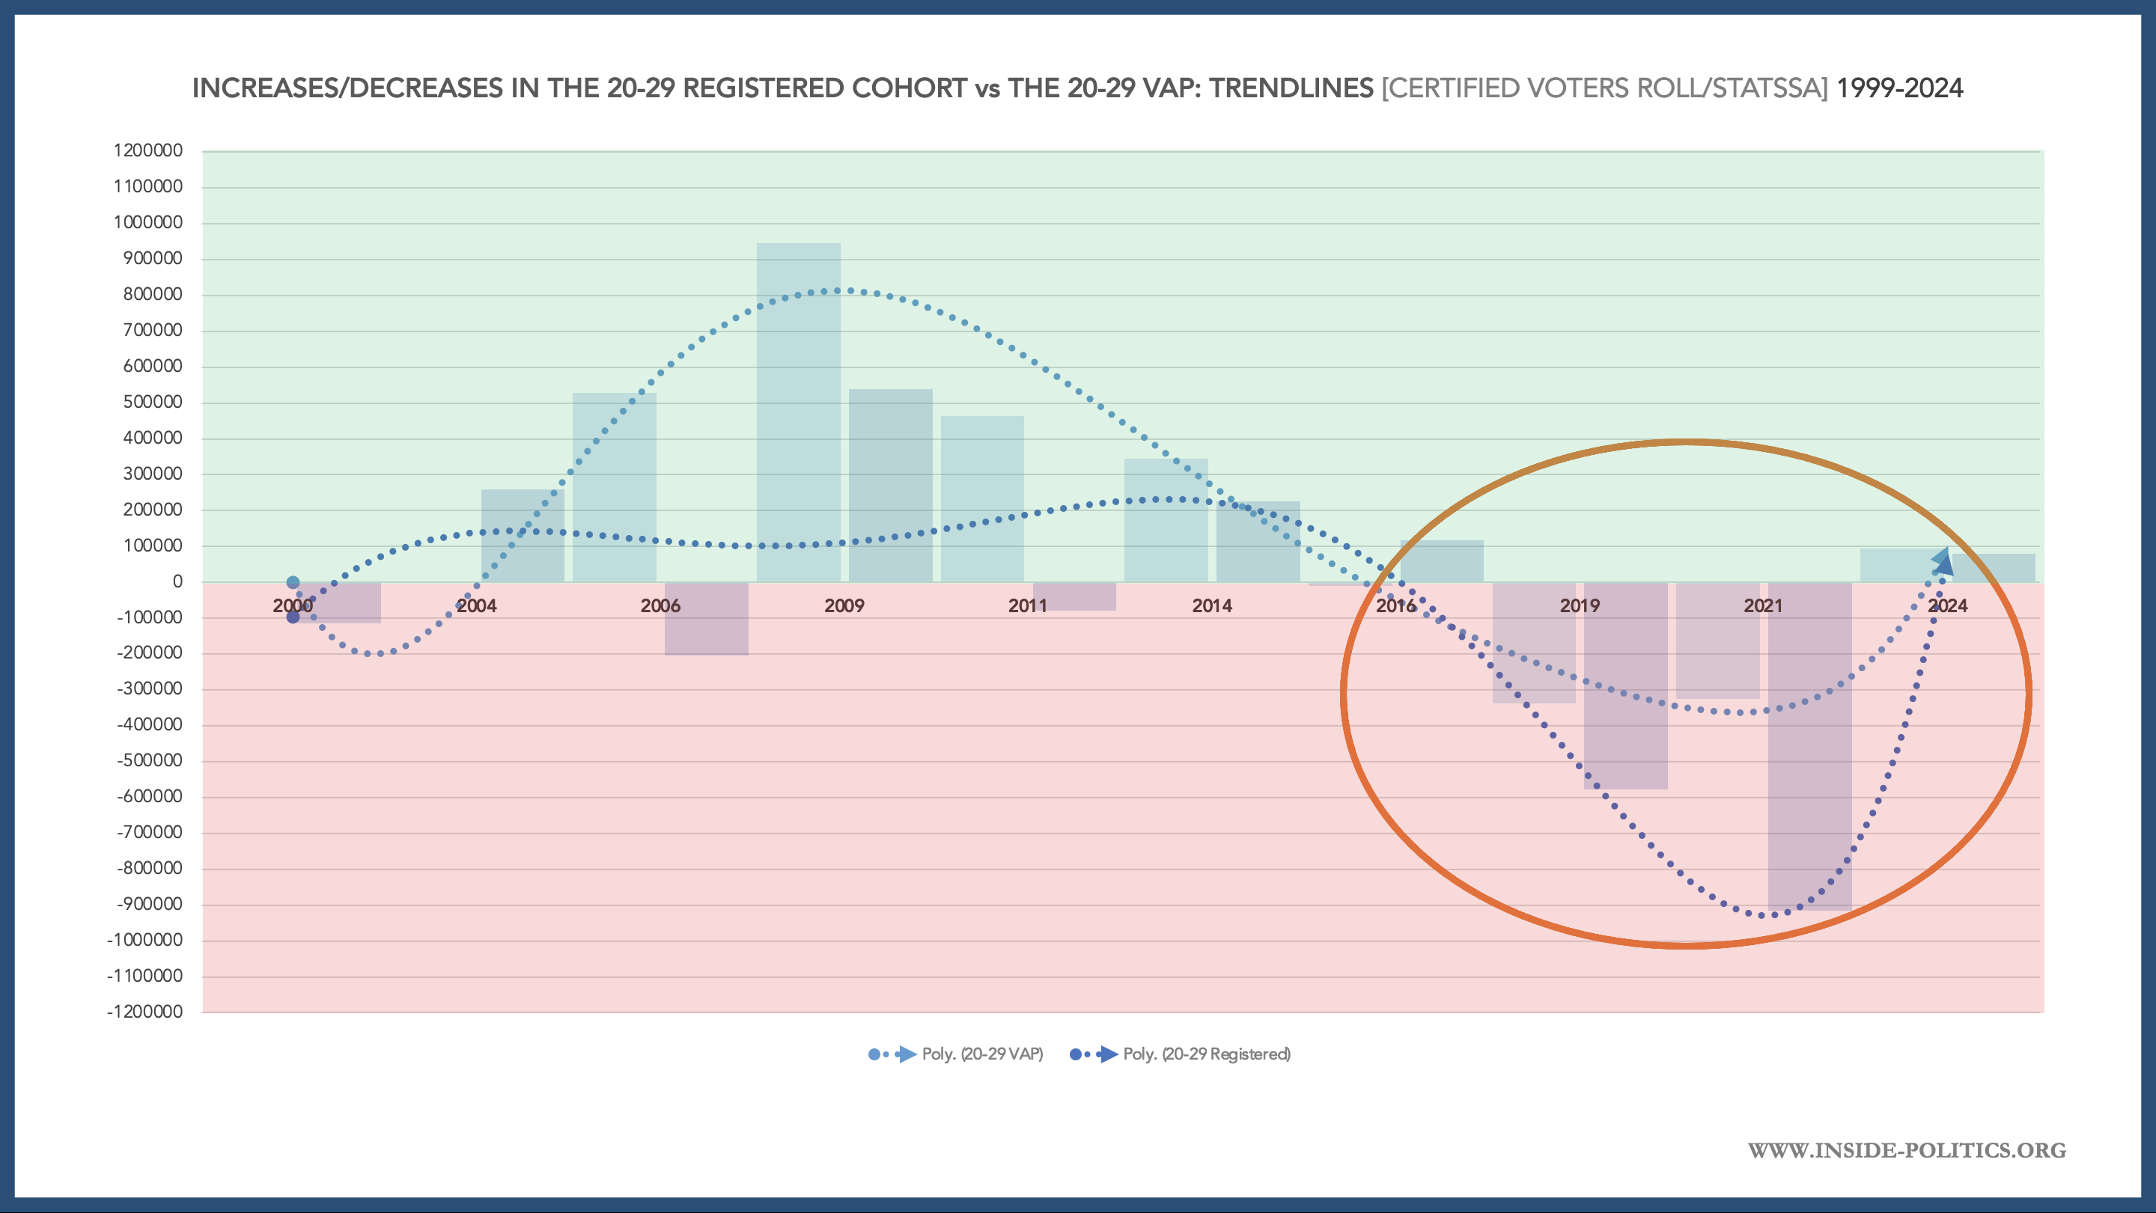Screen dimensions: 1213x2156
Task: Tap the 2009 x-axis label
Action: [844, 605]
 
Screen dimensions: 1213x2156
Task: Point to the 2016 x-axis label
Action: [1395, 605]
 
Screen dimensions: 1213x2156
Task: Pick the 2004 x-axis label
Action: [476, 605]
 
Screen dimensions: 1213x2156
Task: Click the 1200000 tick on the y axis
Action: [148, 150]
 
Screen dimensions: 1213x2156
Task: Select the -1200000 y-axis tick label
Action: [144, 1012]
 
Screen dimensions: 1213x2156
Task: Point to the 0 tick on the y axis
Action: [177, 581]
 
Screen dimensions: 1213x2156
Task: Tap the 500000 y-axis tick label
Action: [152, 402]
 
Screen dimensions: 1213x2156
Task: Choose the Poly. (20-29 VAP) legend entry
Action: [956, 1054]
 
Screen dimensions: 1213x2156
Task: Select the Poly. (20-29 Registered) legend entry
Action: [1180, 1054]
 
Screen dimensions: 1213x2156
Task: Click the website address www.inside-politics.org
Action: [1907, 1150]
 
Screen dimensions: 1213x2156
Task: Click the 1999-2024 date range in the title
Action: [1899, 88]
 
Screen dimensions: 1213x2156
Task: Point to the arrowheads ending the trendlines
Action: [1943, 561]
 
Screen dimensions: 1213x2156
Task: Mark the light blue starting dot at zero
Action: [293, 582]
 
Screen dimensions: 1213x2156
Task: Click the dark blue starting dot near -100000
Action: [293, 617]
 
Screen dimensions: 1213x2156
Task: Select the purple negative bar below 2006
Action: [707, 619]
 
